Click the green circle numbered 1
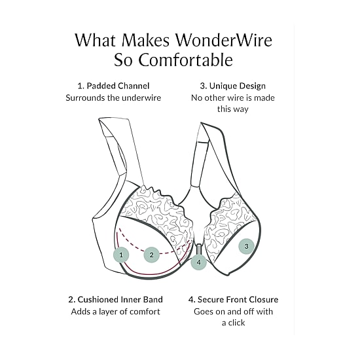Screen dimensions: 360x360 [121, 255]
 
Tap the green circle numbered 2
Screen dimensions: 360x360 [152, 255]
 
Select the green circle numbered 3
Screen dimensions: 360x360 [246, 246]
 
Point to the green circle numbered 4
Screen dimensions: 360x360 [199, 262]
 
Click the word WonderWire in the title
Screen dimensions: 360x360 [224, 40]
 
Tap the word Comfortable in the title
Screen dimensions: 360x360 [185, 60]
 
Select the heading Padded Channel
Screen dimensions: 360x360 [118, 86]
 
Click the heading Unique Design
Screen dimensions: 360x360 [238, 86]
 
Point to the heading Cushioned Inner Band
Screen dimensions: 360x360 [120, 299]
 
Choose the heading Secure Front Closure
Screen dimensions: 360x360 [238, 299]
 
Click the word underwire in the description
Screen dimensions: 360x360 [141, 98]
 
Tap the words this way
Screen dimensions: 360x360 [233, 109]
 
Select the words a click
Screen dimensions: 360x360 [233, 323]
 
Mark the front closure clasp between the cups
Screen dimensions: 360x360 [198, 249]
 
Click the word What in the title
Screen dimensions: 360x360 [95, 40]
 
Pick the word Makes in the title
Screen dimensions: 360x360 [145, 40]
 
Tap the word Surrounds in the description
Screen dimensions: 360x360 [85, 98]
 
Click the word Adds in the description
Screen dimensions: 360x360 [79, 312]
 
